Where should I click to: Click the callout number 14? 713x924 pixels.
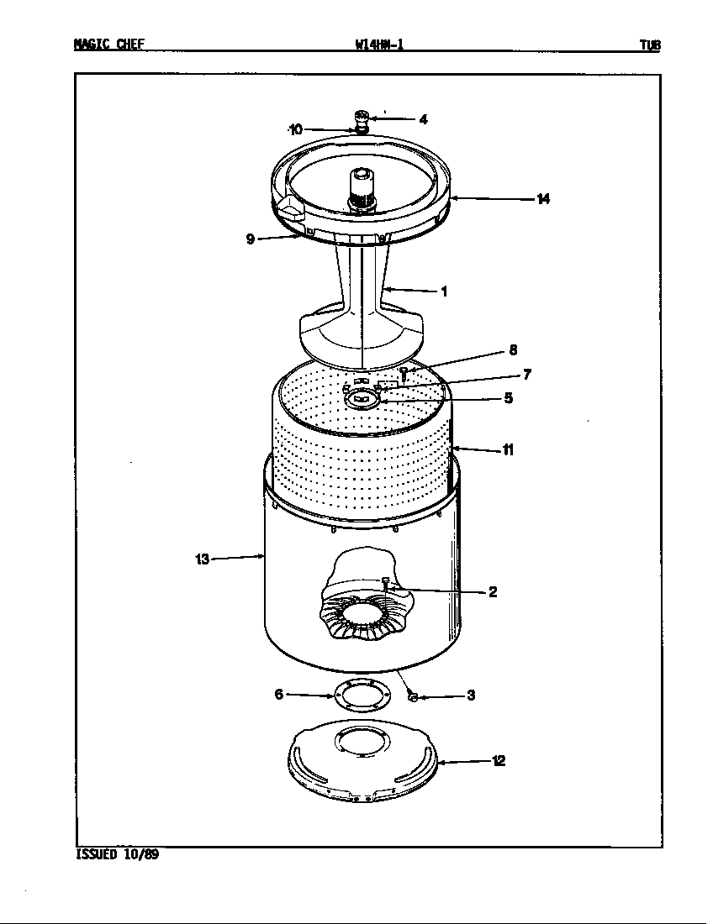pos(543,199)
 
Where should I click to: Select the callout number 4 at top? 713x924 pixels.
pos(423,119)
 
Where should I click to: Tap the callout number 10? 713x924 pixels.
pos(295,129)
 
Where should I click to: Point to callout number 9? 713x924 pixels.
pos(251,239)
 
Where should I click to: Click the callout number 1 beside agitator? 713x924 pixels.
pos(443,292)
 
